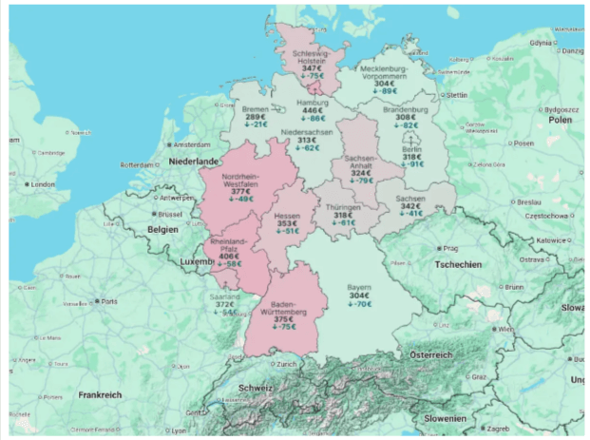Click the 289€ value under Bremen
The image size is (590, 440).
pyautogui.click(x=256, y=117)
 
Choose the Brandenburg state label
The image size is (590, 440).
pyautogui.click(x=406, y=109)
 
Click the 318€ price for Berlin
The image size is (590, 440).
pyautogui.click(x=411, y=156)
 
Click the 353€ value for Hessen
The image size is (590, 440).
pyautogui.click(x=286, y=223)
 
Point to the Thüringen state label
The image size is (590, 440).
pyautogui.click(x=342, y=207)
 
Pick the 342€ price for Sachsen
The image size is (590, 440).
pyautogui.click(x=410, y=206)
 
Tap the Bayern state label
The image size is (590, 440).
pyautogui.click(x=358, y=286)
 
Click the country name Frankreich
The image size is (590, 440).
pyautogui.click(x=101, y=393)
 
